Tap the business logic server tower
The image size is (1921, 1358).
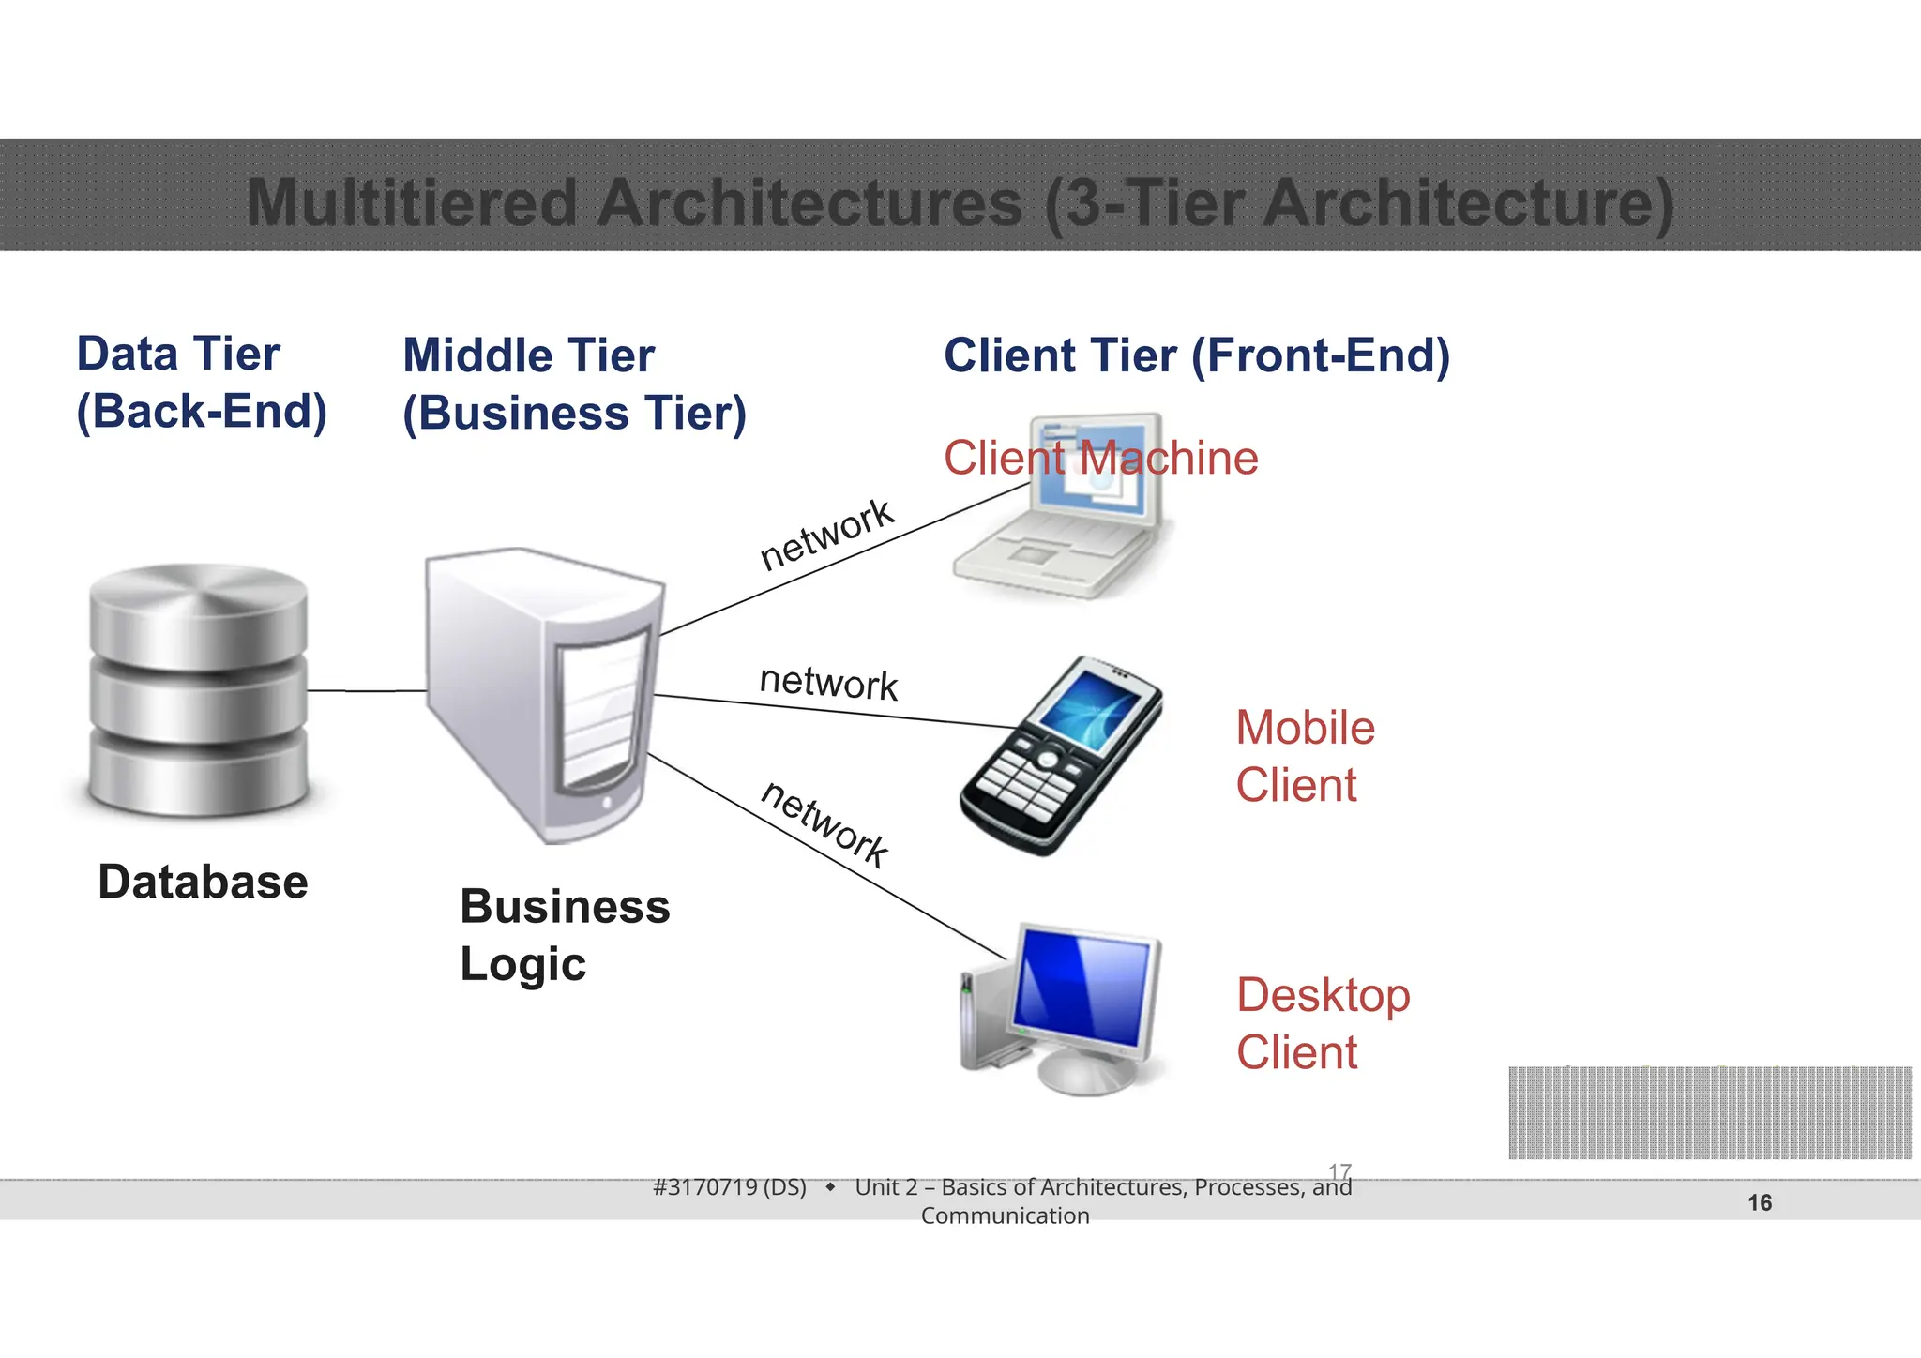[x=544, y=694]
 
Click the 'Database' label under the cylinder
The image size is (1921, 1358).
[x=203, y=883]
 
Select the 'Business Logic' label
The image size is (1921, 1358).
[x=565, y=935]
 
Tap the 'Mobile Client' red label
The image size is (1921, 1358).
[x=1305, y=756]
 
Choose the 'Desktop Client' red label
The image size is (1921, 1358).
[x=1323, y=1023]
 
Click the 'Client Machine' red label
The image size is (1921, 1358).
[x=1100, y=459]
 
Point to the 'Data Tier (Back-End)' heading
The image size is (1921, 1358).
[x=201, y=383]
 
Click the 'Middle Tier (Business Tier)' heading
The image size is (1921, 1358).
[x=574, y=385]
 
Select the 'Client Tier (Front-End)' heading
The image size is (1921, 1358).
[x=1196, y=356]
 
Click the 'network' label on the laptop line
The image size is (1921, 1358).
[x=826, y=534]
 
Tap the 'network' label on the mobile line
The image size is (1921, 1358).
[x=828, y=682]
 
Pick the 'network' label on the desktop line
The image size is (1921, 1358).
[x=824, y=823]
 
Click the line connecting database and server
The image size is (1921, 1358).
[x=367, y=691]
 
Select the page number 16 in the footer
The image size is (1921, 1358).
[x=1760, y=1202]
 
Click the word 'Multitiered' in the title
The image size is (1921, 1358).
[x=412, y=203]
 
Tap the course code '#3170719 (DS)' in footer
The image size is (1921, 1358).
[x=729, y=1187]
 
